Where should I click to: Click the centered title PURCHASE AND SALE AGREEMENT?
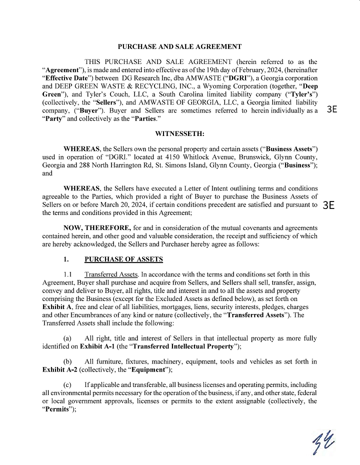pyautogui.click(x=179, y=46)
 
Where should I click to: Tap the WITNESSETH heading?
pyautogui.click(x=179, y=134)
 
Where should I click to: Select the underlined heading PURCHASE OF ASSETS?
pyautogui.click(x=123, y=259)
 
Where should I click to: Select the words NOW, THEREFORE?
pyautogui.click(x=93, y=227)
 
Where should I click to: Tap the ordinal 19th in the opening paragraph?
pyautogui.click(x=207, y=70)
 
